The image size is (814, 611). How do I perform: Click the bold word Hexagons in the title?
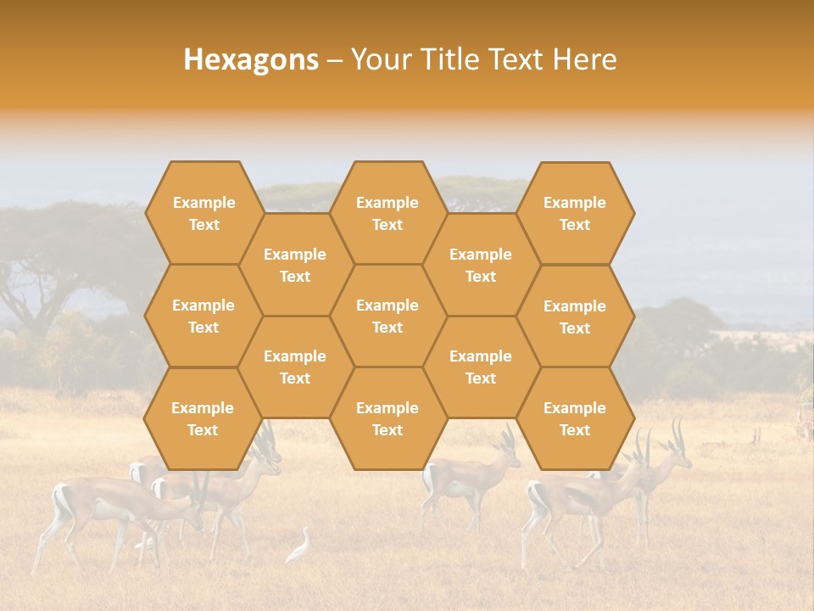click(x=251, y=59)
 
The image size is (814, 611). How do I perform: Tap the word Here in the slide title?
click(x=584, y=59)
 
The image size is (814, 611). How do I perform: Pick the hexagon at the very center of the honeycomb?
click(x=387, y=316)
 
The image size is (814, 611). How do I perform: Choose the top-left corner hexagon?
click(x=203, y=213)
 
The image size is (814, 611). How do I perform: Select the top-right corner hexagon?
click(x=575, y=213)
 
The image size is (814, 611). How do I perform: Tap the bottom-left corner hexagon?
click(x=203, y=418)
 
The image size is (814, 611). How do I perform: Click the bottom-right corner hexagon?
click(x=575, y=418)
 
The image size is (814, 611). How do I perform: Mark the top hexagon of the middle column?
click(x=387, y=213)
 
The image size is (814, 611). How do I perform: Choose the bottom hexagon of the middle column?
click(x=387, y=418)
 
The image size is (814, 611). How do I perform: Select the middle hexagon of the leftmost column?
click(x=203, y=316)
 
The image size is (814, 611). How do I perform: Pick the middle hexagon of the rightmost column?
click(x=575, y=317)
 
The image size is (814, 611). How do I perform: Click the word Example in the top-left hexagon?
click(x=203, y=203)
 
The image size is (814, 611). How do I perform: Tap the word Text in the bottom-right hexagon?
click(x=575, y=430)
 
